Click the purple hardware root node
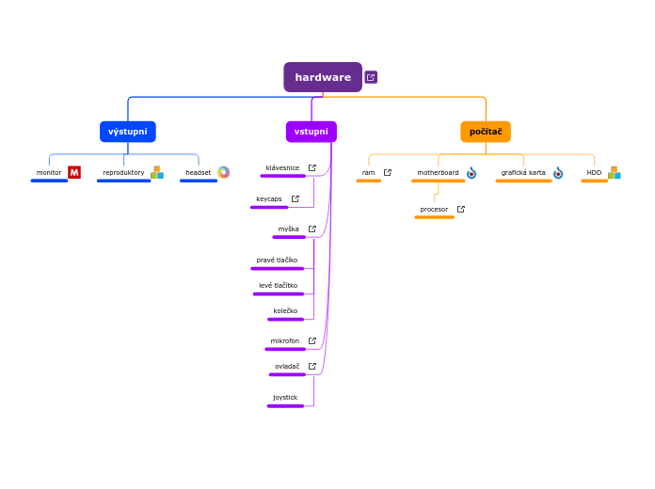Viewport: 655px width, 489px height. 323,77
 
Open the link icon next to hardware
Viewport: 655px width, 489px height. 371,77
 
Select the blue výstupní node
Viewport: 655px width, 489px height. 128,132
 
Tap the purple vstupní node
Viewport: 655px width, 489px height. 312,132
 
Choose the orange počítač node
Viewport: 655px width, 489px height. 486,132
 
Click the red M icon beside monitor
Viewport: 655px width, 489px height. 74,172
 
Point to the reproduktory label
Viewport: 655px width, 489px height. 123,173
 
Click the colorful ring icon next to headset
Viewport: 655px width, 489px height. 223,172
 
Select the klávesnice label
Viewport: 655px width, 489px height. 282,168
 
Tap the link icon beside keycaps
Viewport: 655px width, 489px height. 296,199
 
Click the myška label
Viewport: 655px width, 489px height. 288,229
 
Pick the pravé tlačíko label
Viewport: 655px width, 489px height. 277,260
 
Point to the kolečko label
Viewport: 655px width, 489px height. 285,311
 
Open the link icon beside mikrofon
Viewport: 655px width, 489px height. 312,341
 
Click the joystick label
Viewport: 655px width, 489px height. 285,398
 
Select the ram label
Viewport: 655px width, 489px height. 368,173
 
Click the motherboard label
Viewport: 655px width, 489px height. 438,173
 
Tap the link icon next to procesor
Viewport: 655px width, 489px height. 461,210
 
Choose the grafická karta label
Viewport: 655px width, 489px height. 523,173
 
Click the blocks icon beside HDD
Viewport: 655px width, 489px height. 614,173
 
